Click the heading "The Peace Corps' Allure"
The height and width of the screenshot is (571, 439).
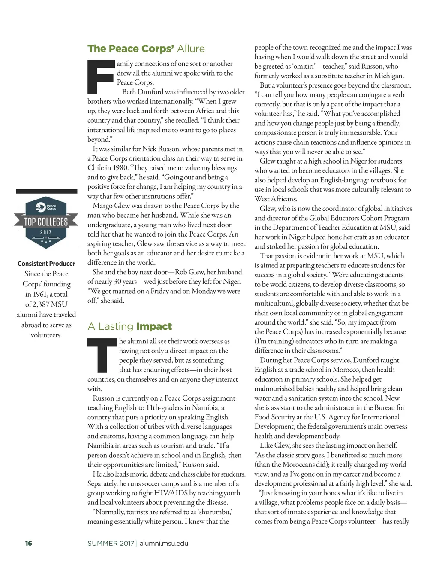click(x=146, y=49)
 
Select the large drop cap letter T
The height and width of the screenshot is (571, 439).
click(x=102, y=355)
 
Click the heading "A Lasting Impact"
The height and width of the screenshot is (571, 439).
click(x=129, y=327)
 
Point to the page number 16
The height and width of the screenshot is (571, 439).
click(x=29, y=544)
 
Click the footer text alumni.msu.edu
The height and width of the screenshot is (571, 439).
click(x=164, y=544)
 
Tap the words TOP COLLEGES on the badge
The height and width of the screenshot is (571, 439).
click(x=46, y=222)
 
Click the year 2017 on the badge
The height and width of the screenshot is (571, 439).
click(x=46, y=232)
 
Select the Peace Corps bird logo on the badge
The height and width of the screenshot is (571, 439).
click(x=41, y=207)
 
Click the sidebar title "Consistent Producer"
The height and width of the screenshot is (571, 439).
click(x=46, y=264)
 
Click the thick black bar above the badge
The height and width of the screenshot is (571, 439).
click(x=46, y=191)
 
